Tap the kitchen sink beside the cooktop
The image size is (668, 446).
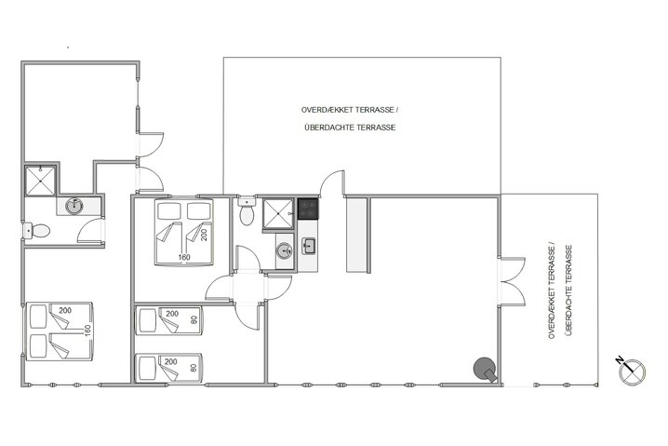[x=308, y=247]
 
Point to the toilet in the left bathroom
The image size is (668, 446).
[x=37, y=230]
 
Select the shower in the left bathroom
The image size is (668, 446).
[x=42, y=180]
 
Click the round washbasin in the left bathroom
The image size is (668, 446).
[x=74, y=205]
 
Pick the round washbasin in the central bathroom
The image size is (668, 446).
[x=283, y=250]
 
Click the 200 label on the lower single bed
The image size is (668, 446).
[x=170, y=361]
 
